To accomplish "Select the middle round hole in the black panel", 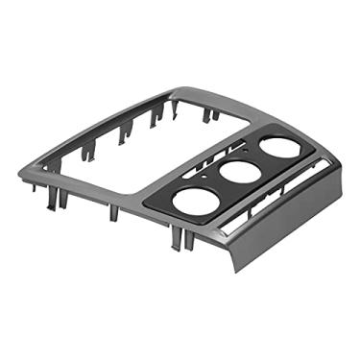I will [x=236, y=173].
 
